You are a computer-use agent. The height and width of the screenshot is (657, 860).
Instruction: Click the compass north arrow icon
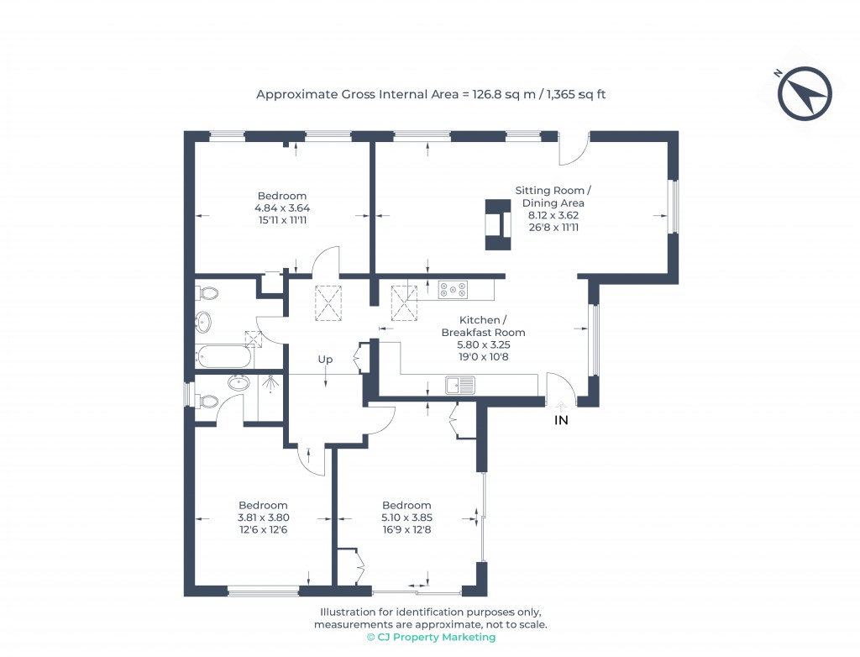click(x=805, y=92)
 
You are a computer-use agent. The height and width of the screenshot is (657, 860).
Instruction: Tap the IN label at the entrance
click(x=561, y=420)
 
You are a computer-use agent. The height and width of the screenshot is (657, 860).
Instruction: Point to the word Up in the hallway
click(x=325, y=360)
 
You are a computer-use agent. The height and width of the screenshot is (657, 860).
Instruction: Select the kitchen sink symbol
click(x=459, y=386)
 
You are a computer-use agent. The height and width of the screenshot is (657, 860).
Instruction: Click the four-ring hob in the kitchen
click(x=452, y=290)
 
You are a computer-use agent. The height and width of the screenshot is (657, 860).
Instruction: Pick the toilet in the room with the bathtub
click(x=207, y=293)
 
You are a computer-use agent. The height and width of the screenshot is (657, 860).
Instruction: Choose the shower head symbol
click(x=270, y=385)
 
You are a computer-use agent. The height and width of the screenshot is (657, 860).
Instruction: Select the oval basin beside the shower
click(x=239, y=383)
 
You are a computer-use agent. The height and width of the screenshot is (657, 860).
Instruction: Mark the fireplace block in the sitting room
click(x=496, y=225)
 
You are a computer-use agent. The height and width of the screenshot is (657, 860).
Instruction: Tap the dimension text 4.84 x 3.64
click(x=281, y=208)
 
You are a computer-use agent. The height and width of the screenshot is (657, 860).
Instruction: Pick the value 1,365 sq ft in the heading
click(x=576, y=94)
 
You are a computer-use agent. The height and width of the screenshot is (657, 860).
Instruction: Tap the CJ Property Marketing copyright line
click(x=430, y=637)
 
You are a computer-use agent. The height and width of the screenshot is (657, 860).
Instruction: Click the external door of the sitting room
click(x=574, y=149)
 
